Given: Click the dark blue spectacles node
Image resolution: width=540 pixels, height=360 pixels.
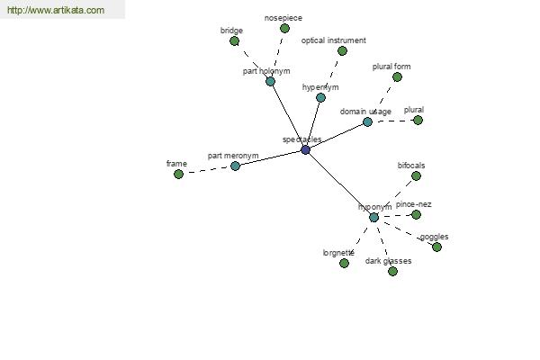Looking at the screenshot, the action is coord(305,150).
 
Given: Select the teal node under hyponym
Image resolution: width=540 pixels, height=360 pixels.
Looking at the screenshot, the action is coord(373,218).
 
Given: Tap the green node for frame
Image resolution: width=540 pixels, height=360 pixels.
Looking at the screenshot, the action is coord(178,175).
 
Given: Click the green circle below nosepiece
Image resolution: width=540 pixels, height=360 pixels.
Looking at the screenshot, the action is coord(284,29).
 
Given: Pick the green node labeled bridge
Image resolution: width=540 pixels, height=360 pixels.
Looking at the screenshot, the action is coord(235,41).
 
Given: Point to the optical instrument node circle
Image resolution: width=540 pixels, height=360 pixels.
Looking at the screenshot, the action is coord(342,51).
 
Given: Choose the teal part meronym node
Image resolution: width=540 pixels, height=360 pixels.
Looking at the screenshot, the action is coord(235,166).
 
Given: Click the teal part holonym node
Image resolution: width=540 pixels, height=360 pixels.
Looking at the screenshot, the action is coord(270,82).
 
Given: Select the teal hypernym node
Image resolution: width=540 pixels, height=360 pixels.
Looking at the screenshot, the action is coord(320,98).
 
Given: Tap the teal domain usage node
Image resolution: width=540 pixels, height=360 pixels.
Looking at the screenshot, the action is coord(367,122).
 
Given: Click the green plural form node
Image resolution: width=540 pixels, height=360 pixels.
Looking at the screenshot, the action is coord(397,77).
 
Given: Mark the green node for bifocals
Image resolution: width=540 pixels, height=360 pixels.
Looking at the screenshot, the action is coord(416,176).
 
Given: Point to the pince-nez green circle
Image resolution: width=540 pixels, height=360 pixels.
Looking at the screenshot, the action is coord(416,214).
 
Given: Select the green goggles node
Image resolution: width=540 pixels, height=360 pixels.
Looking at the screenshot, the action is coord(436,247).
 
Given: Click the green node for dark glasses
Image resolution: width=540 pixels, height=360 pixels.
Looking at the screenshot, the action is coord(392,272).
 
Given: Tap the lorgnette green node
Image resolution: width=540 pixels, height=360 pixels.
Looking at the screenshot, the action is coord(344,264).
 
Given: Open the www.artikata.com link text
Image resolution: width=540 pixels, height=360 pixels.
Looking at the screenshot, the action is coord(56,10).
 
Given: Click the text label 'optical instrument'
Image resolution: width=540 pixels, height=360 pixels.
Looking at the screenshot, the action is coord(333,40).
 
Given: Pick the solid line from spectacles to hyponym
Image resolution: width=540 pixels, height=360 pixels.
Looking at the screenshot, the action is coord(339,184).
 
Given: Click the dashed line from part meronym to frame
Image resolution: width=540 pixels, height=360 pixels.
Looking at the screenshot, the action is coord(207,170).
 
